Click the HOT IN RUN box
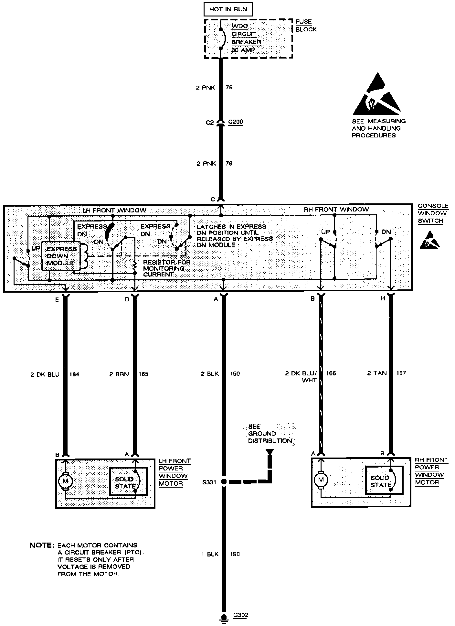(x=228, y=9)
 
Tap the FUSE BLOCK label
(x=306, y=26)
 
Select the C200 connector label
(x=236, y=122)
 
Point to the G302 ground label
(x=241, y=615)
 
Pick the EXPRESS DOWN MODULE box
(x=61, y=256)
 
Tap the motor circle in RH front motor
(x=321, y=480)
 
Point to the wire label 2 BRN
(x=119, y=374)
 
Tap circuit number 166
(x=331, y=373)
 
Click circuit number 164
(x=74, y=374)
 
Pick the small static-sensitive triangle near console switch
(x=429, y=241)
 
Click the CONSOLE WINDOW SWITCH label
(x=433, y=213)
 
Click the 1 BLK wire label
(x=210, y=554)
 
